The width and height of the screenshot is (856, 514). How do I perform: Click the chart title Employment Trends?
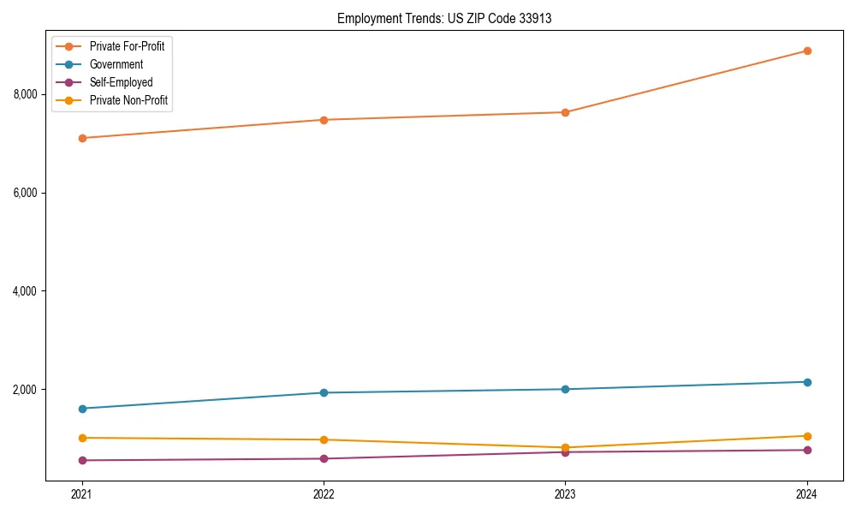[x=443, y=18]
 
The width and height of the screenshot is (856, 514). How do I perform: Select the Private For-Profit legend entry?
[x=127, y=46]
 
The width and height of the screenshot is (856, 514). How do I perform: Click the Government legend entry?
[x=116, y=64]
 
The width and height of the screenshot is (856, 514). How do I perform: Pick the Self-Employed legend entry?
[x=121, y=82]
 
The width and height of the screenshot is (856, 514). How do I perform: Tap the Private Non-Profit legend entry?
[x=128, y=100]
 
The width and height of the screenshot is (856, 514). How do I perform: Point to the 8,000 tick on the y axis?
[x=26, y=94]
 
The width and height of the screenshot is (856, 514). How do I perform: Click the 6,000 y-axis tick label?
[x=26, y=193]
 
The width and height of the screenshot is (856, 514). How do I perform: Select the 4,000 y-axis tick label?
[x=26, y=291]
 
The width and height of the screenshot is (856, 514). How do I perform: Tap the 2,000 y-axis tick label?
[x=26, y=390]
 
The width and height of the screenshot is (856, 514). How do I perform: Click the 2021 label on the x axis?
[x=82, y=494]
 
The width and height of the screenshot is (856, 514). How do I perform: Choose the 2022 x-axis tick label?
[x=324, y=494]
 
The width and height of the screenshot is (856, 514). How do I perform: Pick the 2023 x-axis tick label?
[x=565, y=494]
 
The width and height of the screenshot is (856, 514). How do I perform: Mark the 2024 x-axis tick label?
[x=806, y=494]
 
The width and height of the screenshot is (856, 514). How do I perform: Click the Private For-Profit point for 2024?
[x=806, y=51]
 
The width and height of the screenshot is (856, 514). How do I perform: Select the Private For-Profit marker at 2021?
[x=82, y=138]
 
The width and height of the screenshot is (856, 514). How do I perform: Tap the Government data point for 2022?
[x=324, y=392]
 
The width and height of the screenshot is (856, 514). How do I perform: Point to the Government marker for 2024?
[x=806, y=382]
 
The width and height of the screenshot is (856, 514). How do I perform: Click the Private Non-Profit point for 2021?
[x=82, y=438]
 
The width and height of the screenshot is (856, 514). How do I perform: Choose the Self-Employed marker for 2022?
[x=324, y=458]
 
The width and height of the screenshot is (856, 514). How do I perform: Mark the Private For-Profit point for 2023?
[x=565, y=112]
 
